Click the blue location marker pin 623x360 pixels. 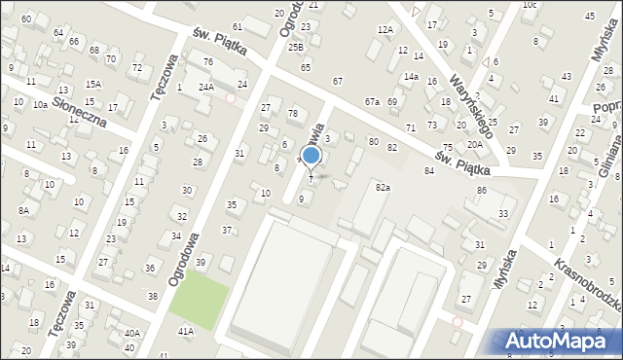coord(311,157)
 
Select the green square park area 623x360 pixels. coord(200,298)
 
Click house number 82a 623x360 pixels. coord(383,187)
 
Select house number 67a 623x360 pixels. coord(372,101)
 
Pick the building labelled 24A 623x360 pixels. coord(206,88)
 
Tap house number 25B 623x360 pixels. coord(295,47)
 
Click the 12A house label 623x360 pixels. coord(385,30)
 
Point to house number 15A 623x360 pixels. coord(92,85)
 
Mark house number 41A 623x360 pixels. coord(185,331)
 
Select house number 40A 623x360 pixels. coord(131,333)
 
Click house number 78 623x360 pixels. coord(292,114)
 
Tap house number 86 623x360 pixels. coord(482,190)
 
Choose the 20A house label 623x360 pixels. coord(474,144)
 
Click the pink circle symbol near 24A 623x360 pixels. coord(231,98)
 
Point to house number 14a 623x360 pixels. coord(412,76)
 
